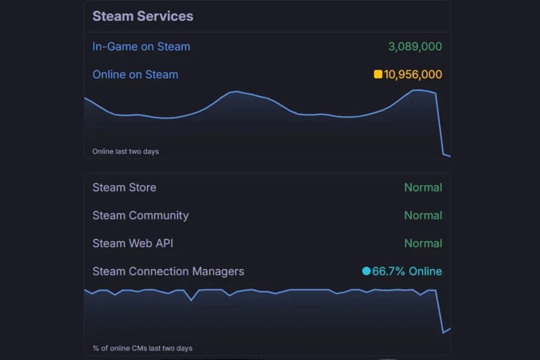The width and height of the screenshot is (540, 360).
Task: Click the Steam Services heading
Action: tap(143, 16)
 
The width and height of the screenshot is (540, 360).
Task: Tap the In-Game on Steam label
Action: tap(141, 46)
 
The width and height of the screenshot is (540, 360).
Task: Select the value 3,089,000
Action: tap(415, 46)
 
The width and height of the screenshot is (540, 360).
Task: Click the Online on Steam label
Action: tap(135, 74)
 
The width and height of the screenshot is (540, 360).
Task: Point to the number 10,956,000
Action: tap(413, 74)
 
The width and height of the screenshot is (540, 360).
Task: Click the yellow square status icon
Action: tap(378, 74)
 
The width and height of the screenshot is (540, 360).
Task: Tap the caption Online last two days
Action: tap(126, 151)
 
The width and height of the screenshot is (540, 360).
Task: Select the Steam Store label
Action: tap(124, 187)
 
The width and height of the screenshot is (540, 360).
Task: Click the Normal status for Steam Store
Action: tap(423, 187)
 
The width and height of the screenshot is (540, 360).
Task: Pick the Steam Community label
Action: tap(140, 215)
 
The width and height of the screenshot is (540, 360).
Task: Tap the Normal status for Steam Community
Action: tap(423, 215)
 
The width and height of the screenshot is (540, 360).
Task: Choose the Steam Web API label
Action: tap(133, 243)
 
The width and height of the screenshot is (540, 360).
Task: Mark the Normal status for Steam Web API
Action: tap(423, 243)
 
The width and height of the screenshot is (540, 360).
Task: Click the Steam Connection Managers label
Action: tap(168, 271)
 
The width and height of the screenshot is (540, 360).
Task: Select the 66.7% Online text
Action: tap(407, 271)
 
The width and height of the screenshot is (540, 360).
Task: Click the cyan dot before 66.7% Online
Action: tap(366, 271)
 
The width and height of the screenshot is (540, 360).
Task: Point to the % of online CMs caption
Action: tap(142, 348)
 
